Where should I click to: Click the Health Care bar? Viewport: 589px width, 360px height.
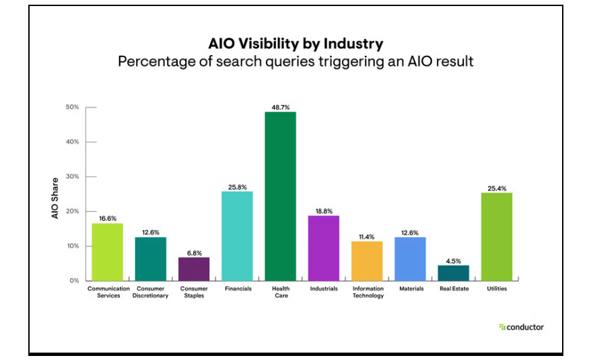pyautogui.click(x=280, y=195)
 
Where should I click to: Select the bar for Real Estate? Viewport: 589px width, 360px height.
pyautogui.click(x=453, y=273)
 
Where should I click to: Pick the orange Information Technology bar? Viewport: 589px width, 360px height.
pyautogui.click(x=367, y=260)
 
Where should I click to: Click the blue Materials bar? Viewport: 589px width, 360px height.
pyautogui.click(x=410, y=258)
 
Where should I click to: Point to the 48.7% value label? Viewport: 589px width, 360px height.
pyautogui.click(x=280, y=106)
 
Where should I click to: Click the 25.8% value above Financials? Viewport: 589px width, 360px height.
pyautogui.click(x=237, y=186)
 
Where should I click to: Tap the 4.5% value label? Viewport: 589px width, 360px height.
pyautogui.click(x=453, y=260)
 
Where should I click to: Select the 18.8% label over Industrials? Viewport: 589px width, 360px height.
pyautogui.click(x=324, y=210)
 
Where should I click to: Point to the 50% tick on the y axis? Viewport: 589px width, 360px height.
pyautogui.click(x=72, y=108)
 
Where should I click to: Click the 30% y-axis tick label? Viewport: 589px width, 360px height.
pyautogui.click(x=72, y=177)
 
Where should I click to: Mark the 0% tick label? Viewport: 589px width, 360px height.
pyautogui.click(x=73, y=281)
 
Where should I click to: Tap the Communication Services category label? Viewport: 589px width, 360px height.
pyautogui.click(x=108, y=292)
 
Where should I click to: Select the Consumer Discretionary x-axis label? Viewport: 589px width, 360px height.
pyautogui.click(x=151, y=292)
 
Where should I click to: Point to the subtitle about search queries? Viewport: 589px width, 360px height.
pyautogui.click(x=296, y=62)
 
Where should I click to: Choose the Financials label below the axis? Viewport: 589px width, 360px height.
pyautogui.click(x=237, y=289)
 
